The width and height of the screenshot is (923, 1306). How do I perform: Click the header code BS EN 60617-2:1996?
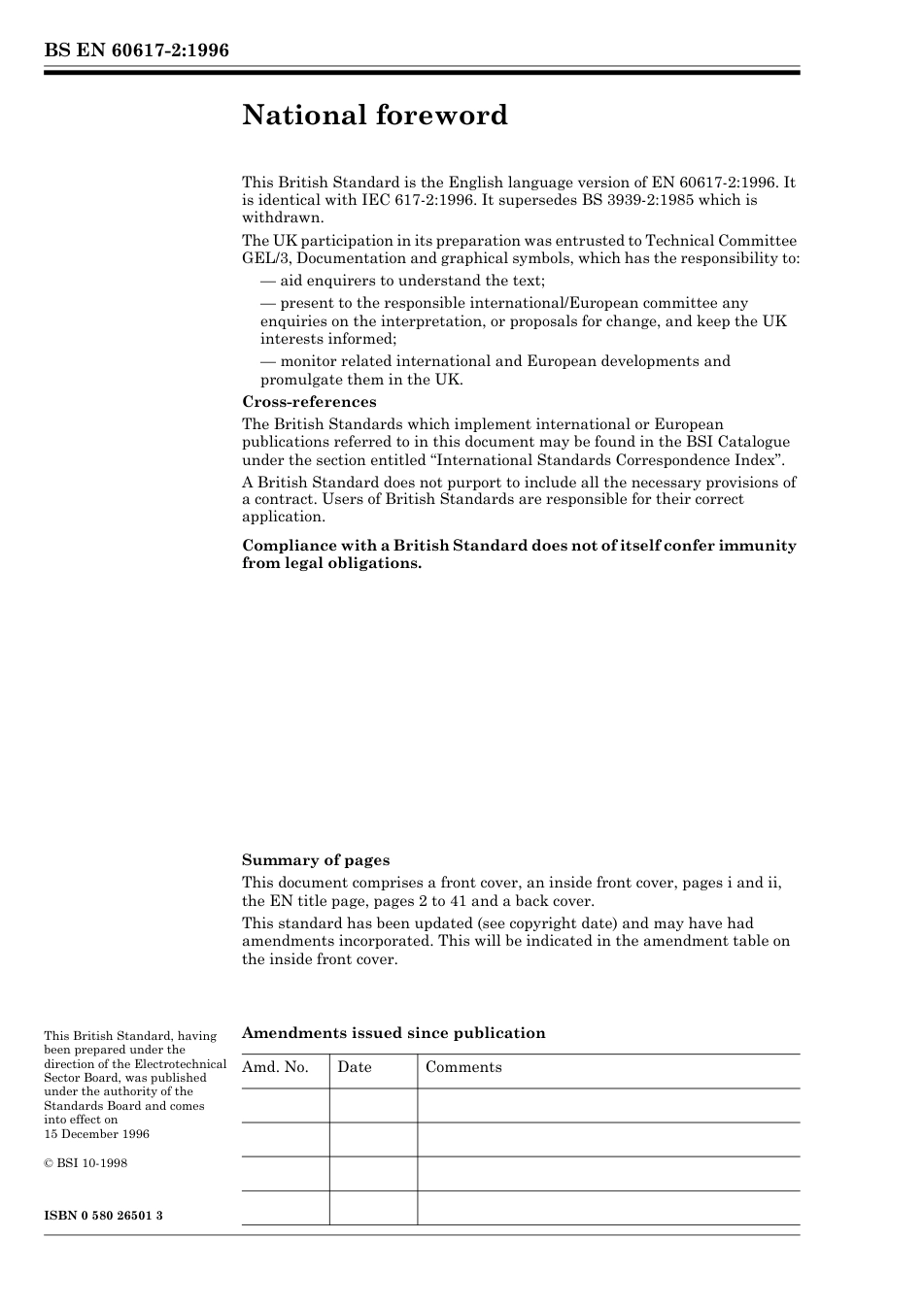[137, 50]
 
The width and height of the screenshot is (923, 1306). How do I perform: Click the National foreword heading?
[375, 116]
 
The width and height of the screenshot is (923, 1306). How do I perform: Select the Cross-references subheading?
[309, 402]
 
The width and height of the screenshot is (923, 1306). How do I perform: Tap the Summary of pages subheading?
[316, 860]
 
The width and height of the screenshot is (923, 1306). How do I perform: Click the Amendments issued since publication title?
[393, 1033]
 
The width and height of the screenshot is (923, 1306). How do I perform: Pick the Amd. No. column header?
[275, 1067]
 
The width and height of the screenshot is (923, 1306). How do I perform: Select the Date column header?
[355, 1067]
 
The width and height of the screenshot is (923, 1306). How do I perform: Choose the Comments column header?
[463, 1067]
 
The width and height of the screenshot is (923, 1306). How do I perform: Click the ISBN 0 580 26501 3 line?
[103, 1216]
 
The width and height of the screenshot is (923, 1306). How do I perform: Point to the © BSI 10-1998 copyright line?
[85, 1163]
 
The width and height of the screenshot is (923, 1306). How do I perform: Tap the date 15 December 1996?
[97, 1134]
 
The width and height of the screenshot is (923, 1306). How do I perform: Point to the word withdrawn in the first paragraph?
[282, 218]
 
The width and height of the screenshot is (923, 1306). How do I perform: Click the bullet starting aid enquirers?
[403, 282]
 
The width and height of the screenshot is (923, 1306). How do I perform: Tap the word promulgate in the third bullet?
[301, 380]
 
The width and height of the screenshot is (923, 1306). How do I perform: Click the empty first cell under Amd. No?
[285, 1106]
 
